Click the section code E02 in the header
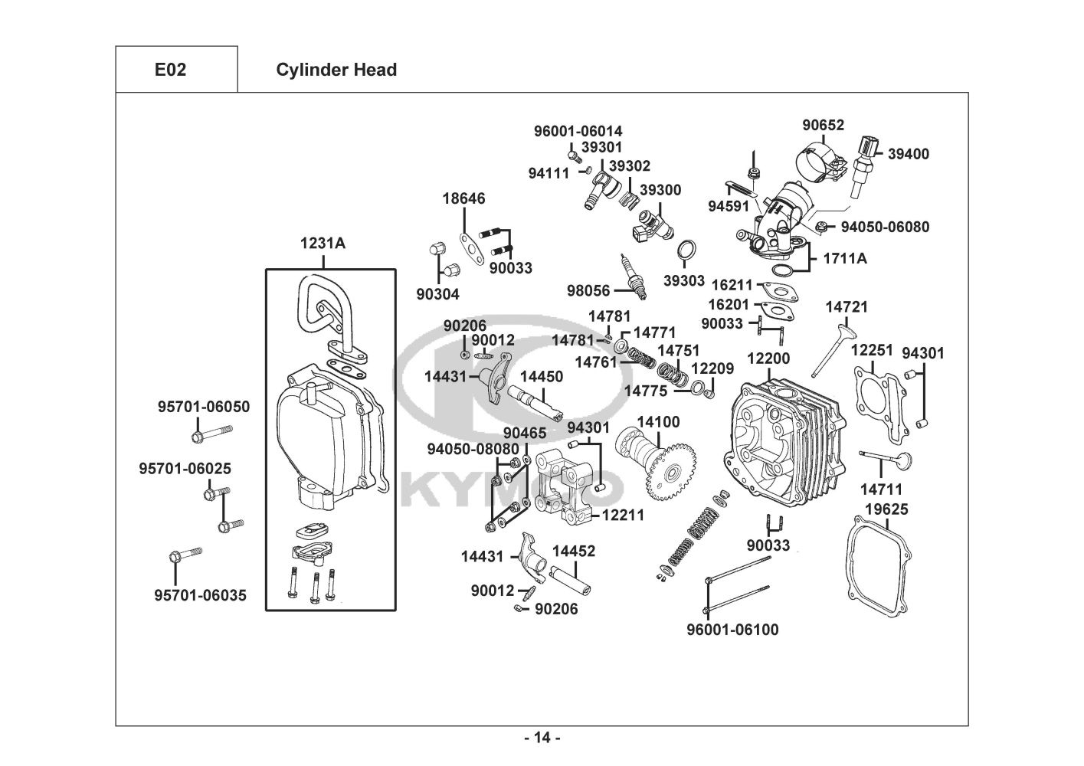point(170,70)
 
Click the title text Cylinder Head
point(336,70)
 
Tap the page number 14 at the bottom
point(542,738)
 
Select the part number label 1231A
point(323,244)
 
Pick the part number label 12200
point(768,358)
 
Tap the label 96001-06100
point(732,630)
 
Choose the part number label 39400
point(908,154)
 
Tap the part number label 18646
point(463,198)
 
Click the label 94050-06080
point(885,227)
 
